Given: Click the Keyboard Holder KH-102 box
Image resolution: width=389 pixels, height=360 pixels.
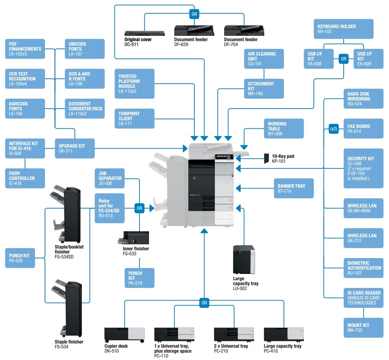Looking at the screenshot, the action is click(343, 29).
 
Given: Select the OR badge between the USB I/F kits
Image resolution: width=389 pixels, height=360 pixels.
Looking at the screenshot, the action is click(344, 59).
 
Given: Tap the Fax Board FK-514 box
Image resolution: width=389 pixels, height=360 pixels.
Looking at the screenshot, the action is click(363, 129).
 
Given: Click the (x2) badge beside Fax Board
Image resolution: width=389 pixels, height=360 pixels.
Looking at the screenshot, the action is click(334, 129).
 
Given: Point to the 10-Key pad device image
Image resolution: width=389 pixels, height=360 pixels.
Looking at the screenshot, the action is click(266, 159).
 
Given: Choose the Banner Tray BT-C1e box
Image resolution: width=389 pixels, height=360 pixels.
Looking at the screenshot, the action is click(294, 188).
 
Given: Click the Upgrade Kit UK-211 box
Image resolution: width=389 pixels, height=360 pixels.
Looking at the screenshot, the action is click(75, 148).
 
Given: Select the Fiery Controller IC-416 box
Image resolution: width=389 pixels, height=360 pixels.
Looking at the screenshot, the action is click(25, 178).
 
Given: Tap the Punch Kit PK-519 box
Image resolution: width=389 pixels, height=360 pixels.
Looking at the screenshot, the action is click(140, 278).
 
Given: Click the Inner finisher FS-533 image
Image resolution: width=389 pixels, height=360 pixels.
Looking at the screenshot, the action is click(134, 238).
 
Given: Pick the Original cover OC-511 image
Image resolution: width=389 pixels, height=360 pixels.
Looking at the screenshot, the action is click(145, 33).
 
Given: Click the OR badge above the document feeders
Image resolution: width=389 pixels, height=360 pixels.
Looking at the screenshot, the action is click(194, 14).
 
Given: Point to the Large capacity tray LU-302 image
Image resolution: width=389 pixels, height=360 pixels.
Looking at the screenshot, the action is click(244, 259).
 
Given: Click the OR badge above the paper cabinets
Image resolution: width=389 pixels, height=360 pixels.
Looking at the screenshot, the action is click(204, 303).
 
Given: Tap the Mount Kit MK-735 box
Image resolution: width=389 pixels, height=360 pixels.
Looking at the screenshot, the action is click(363, 328).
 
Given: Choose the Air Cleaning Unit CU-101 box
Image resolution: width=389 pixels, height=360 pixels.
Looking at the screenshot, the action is click(264, 59).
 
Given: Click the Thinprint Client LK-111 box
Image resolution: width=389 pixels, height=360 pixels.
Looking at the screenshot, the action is click(135, 118).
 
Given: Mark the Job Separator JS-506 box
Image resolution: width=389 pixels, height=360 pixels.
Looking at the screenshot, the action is click(110, 178).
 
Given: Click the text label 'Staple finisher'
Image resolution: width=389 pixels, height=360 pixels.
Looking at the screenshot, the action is click(69, 342).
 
